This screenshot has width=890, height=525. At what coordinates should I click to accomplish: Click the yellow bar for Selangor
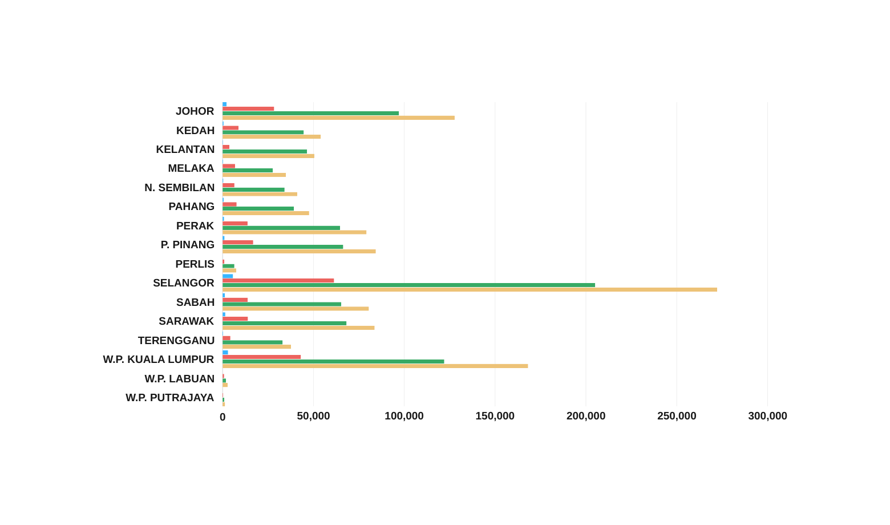tap(470, 290)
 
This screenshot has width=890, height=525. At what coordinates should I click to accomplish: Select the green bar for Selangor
tap(408, 285)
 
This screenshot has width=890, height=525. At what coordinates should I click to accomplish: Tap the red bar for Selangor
tap(278, 281)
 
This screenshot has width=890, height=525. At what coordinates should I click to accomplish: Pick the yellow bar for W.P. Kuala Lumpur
tap(375, 366)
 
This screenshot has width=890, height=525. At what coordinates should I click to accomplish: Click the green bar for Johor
tap(310, 113)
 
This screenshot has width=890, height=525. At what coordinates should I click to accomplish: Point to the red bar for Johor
tap(248, 108)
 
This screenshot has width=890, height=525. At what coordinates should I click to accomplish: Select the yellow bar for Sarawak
tap(298, 328)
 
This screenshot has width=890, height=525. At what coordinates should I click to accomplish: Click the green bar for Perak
tap(281, 228)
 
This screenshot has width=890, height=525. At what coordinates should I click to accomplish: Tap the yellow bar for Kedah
tap(272, 137)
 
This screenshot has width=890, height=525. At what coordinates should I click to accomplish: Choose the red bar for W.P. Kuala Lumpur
tap(262, 357)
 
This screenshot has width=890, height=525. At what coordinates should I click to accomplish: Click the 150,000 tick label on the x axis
tap(495, 417)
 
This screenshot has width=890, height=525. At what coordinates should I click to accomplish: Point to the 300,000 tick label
tap(767, 417)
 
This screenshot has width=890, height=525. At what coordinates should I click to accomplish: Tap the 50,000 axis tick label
tap(313, 417)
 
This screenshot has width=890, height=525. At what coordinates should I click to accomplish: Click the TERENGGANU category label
tap(176, 341)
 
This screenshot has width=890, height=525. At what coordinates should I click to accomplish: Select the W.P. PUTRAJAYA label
tap(170, 398)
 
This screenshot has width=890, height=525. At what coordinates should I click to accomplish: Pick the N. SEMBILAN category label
tap(180, 188)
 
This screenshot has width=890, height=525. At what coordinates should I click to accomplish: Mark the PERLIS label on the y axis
tap(195, 264)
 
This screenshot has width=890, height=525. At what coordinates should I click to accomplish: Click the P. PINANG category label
tap(188, 245)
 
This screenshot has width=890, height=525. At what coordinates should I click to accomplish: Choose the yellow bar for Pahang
tap(265, 213)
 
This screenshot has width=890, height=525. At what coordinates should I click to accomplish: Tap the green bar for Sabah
tap(282, 304)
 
